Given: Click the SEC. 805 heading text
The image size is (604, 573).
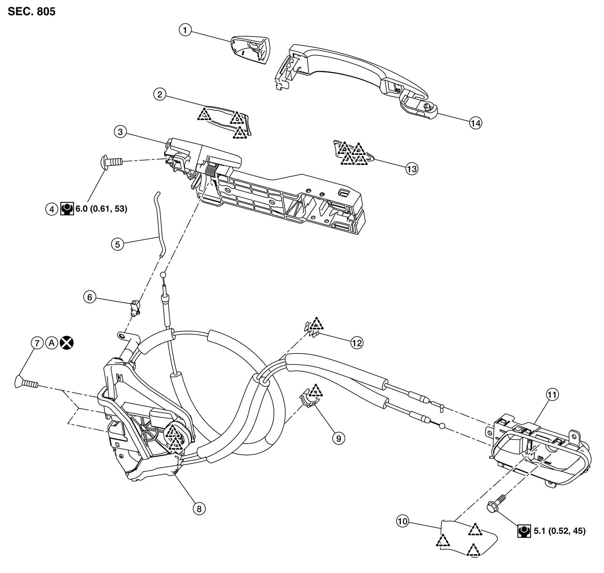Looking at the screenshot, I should click(32, 12).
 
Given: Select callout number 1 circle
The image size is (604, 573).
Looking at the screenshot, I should click(185, 30).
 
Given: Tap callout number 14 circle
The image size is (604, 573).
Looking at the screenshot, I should click(475, 123).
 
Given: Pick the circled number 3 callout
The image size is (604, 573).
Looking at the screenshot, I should click(121, 132).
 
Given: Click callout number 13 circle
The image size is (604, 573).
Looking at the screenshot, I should click(412, 169).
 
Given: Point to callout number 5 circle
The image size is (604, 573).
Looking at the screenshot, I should click(118, 244).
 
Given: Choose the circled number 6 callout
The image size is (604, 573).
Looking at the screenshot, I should click(90, 297).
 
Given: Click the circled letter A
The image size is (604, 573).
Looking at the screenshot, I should click(52, 343).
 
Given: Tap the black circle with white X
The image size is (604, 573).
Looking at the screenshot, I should click(67, 343).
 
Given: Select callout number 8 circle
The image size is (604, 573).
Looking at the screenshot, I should click(199, 509).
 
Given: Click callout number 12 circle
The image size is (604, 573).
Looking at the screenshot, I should click(357, 343).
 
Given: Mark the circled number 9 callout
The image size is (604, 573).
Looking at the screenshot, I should click(338, 439).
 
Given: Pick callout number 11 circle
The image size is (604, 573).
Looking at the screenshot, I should click(553, 395).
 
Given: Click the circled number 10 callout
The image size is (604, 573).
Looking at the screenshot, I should click(403, 521).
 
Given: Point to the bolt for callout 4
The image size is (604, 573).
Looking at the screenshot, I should click(112, 161).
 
